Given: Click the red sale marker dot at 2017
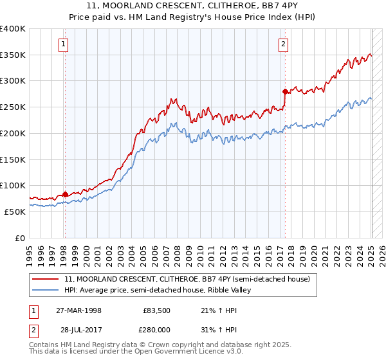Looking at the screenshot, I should pyautogui.click(x=284, y=92).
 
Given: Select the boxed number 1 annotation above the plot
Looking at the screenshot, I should pyautogui.click(x=64, y=44).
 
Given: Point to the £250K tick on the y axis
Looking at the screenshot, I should pyautogui.click(x=13, y=107).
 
